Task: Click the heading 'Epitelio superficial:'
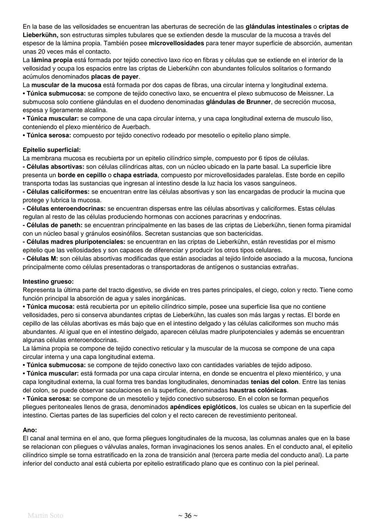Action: (x=52, y=150)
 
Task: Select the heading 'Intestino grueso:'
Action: (x=48, y=281)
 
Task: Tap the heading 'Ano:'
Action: (x=30, y=430)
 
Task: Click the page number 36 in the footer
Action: (x=188, y=516)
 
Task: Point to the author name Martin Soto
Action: (x=45, y=515)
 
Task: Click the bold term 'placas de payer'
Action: (x=115, y=77)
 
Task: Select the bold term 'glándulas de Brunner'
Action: (x=238, y=102)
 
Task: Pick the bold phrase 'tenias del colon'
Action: (x=274, y=381)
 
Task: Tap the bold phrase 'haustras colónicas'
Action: (x=258, y=390)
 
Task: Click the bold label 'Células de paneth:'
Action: (x=53, y=225)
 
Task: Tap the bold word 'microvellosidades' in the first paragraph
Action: (x=176, y=43)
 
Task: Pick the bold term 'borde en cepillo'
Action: (x=82, y=175)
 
